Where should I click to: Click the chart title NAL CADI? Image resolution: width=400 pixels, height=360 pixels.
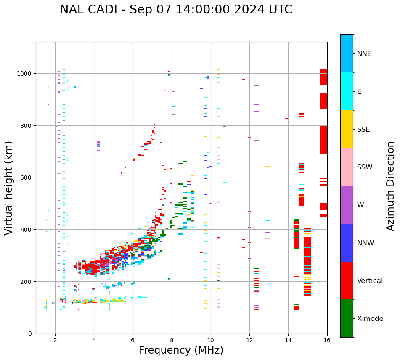tap(176, 10)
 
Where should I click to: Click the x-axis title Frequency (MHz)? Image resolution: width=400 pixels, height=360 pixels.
tap(181, 350)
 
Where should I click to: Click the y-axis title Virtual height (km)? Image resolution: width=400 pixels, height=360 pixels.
tap(9, 188)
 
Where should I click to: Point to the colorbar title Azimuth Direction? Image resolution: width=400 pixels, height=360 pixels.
tap(391, 186)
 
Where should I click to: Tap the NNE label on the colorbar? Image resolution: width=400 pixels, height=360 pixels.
tap(364, 54)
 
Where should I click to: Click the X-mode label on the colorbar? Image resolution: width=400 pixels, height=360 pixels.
tap(370, 319)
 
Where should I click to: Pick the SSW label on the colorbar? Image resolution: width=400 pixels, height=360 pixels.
tap(365, 167)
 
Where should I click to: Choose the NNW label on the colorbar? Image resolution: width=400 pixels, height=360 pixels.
tap(366, 243)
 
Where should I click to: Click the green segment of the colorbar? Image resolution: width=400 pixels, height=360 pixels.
tap(347, 318)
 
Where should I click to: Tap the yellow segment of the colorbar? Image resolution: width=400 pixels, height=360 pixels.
tap(347, 129)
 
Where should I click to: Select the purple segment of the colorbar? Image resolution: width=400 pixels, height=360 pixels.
tap(347, 205)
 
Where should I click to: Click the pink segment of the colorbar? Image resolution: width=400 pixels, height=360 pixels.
tap(347, 167)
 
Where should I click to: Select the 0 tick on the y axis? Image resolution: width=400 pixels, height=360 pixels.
tap(30, 334)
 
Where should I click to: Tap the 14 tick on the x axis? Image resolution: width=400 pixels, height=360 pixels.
tap(288, 341)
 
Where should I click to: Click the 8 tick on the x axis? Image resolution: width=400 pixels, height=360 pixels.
tap(172, 341)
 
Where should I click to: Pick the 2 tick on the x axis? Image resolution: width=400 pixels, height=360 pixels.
tap(55, 341)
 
